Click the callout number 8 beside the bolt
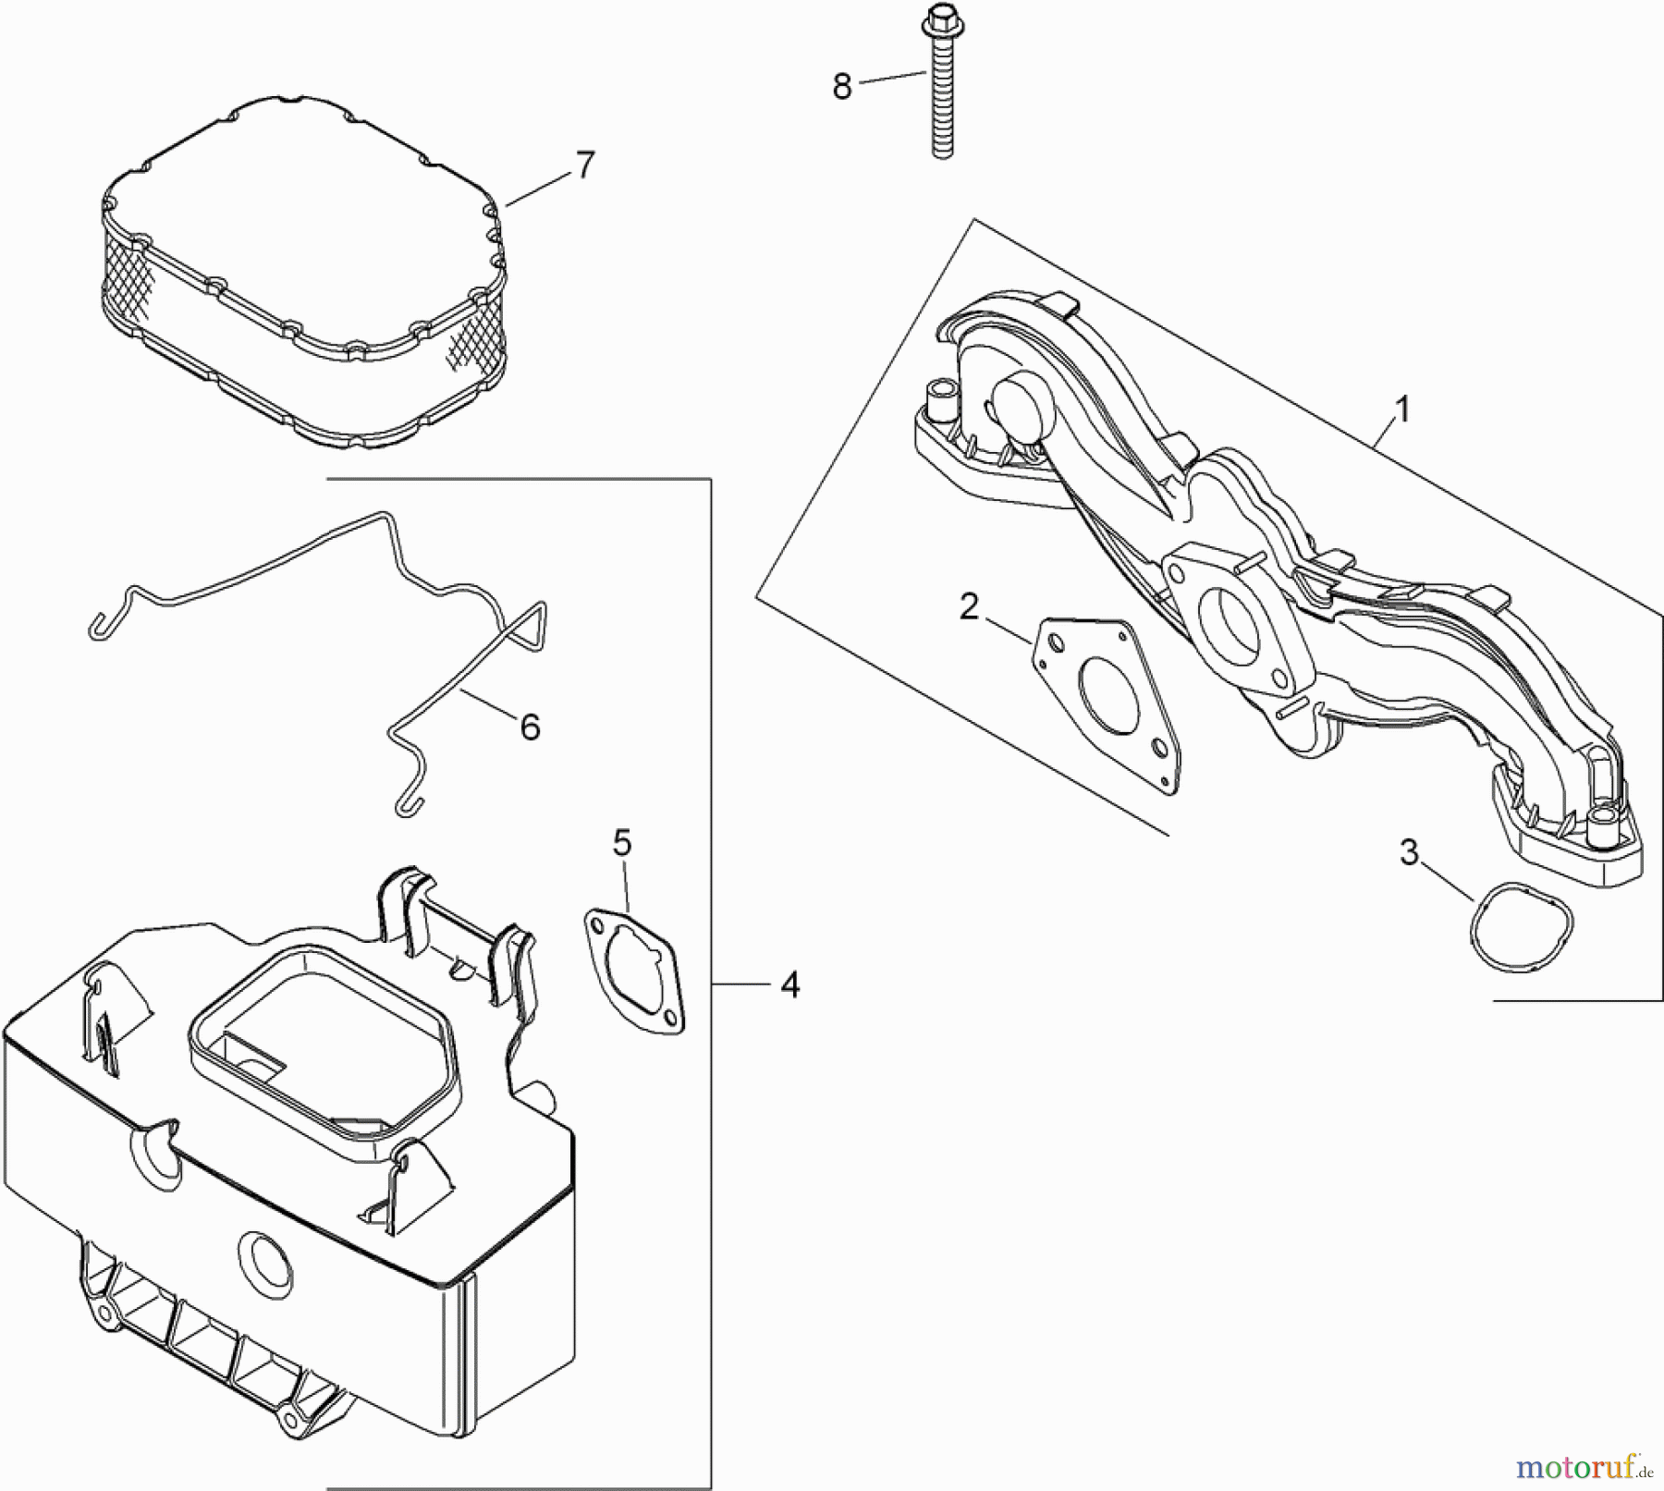pos(841,88)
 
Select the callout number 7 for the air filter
pos(584,165)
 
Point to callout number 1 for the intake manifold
pos(1402,409)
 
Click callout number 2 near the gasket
pos(968,607)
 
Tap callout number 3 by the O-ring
pos(1408,853)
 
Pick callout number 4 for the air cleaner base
pos(789,985)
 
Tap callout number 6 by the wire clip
pos(530,727)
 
